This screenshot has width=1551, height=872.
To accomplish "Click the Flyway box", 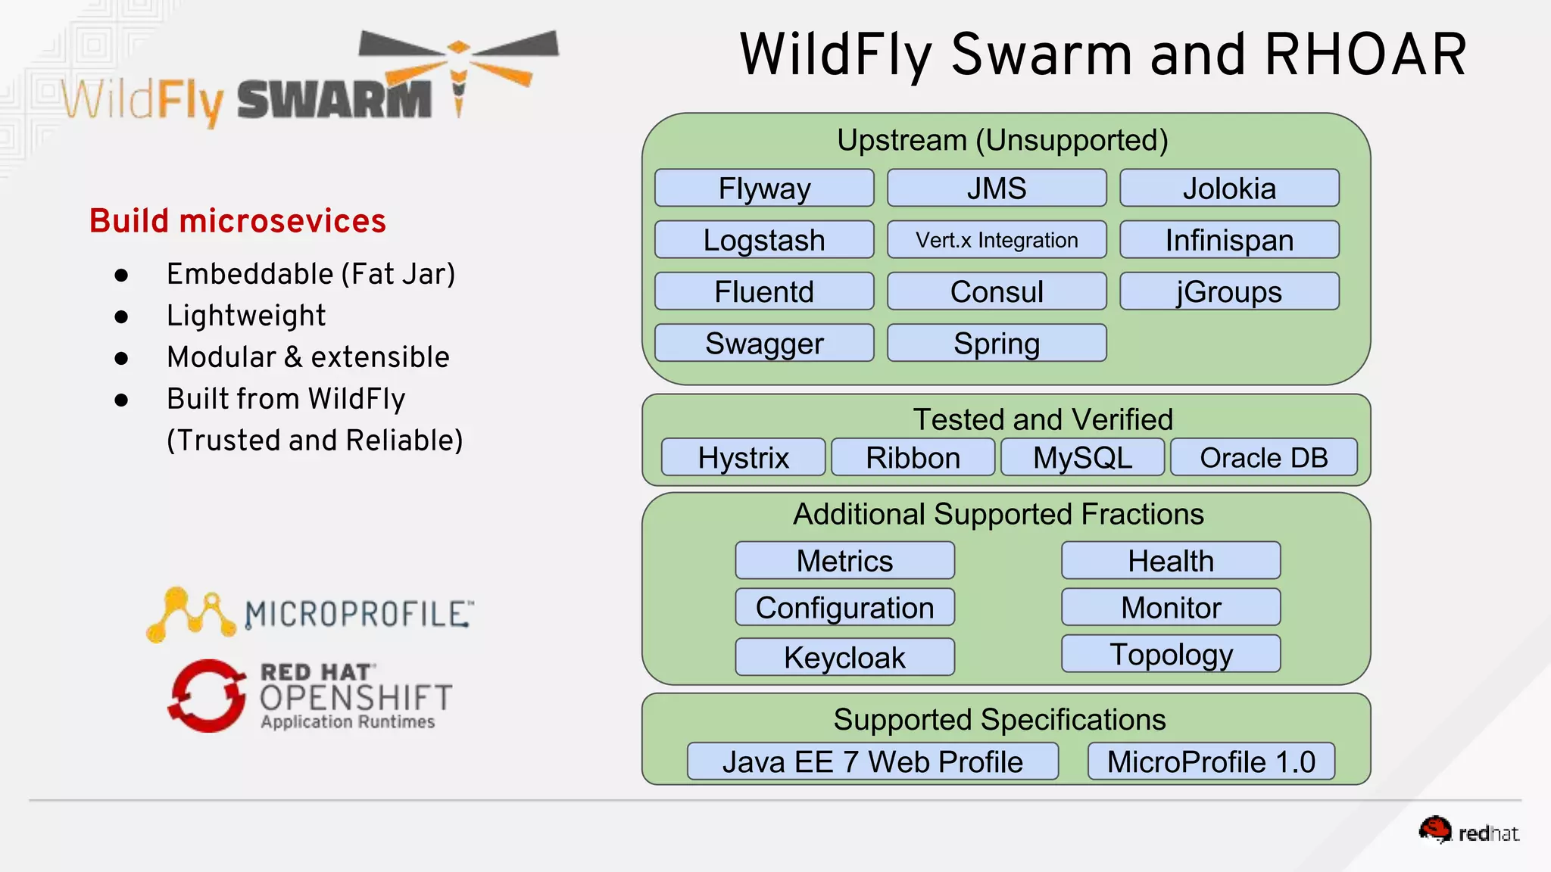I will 764,188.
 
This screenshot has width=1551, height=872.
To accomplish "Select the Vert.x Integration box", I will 997,240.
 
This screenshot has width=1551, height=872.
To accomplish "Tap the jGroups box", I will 1229,291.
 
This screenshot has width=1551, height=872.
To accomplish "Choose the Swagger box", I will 764,343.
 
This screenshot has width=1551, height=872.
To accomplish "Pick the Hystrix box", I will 743,457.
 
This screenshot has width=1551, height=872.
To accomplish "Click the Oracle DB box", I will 1263,457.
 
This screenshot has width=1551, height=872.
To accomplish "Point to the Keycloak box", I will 844,656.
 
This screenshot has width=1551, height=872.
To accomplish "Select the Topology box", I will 1171,653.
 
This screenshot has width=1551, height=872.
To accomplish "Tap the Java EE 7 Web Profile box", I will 872,761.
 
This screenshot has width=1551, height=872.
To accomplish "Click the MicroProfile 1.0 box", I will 1211,761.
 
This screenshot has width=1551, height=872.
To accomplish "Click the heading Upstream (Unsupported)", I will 1002,140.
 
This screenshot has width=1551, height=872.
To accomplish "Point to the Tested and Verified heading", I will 1043,419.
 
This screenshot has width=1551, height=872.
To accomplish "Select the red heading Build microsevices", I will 238,221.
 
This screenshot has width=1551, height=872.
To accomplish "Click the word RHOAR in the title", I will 1365,55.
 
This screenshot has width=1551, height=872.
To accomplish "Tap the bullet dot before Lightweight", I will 121,316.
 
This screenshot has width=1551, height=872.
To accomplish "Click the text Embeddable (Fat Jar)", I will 311,274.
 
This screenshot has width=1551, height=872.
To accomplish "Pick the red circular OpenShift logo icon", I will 207,696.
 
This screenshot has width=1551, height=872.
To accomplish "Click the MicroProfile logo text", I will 358,614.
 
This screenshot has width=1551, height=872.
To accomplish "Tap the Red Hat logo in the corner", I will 1468,831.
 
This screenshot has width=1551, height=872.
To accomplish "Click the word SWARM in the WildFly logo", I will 334,101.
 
